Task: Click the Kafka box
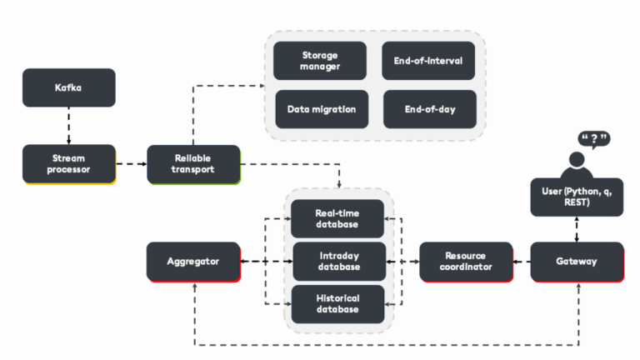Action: click(x=68, y=87)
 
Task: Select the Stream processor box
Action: click(x=68, y=164)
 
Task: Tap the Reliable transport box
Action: click(x=193, y=164)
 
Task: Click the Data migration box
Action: click(x=321, y=109)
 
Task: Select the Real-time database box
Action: click(x=337, y=219)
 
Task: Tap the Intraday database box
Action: click(x=338, y=262)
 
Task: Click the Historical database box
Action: click(x=337, y=303)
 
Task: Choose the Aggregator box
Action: click(x=193, y=262)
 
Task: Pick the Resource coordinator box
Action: click(x=465, y=262)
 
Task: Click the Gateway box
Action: click(x=577, y=262)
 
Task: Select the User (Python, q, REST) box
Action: click(x=577, y=197)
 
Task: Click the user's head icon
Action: click(x=576, y=158)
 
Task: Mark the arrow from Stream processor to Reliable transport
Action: click(x=131, y=164)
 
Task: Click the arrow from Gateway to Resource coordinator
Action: click(x=521, y=262)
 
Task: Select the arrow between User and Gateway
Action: click(x=577, y=229)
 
